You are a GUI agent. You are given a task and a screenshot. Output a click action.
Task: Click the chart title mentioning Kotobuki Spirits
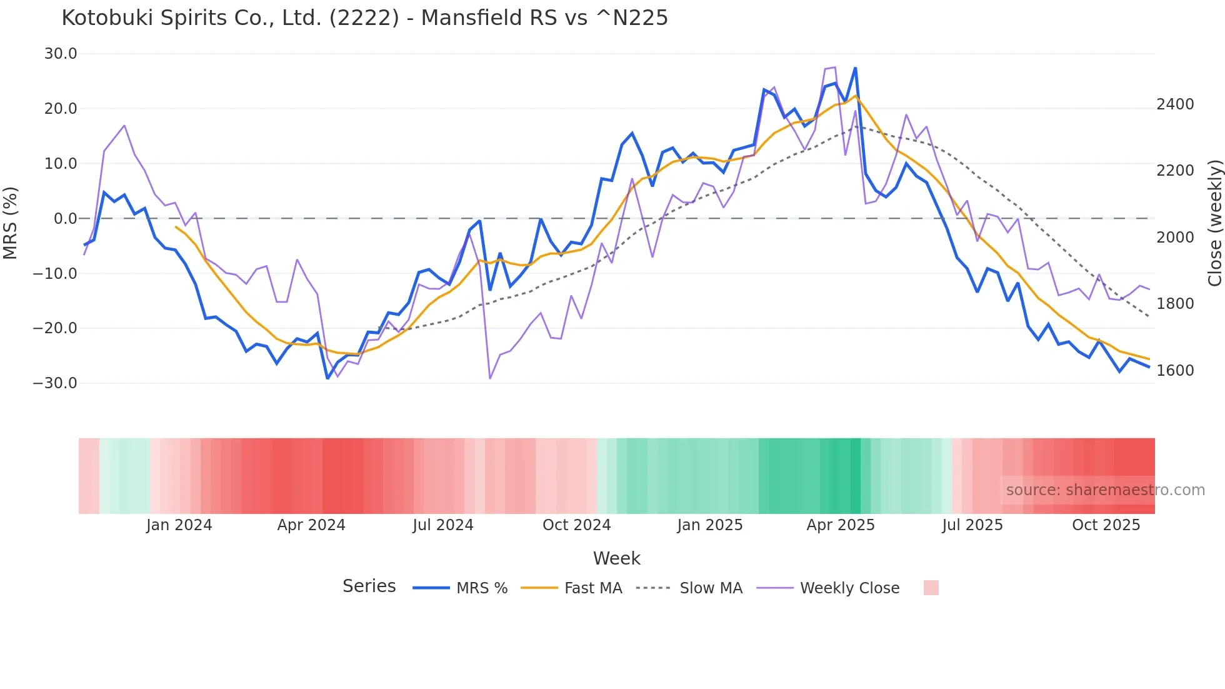pos(364,18)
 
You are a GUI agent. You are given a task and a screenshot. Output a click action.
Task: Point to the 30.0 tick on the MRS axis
pos(61,54)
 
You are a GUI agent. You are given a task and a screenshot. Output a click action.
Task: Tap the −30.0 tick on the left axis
pos(56,383)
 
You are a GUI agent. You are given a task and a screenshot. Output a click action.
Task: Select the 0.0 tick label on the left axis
pos(66,218)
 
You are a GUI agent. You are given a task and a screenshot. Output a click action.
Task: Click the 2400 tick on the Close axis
pos(1175,104)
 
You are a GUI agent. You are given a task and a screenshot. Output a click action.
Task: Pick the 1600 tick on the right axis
pos(1175,370)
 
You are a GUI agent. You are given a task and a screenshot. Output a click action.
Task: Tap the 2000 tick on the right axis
pos(1175,238)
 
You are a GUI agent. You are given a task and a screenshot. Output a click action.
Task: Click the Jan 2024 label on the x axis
pos(179,525)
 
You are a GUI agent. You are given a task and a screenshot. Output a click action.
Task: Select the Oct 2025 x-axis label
pos(1106,525)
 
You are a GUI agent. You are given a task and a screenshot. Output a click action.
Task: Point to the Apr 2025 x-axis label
pos(840,525)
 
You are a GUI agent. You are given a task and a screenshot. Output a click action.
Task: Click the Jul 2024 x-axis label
pos(442,525)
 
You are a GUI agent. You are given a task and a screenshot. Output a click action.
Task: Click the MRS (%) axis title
pos(11,223)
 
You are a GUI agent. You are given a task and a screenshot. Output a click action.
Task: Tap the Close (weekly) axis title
pos(1214,223)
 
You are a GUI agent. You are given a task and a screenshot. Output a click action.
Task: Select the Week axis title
pos(616,558)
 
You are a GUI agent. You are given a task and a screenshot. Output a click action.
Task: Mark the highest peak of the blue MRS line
pos(855,68)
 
